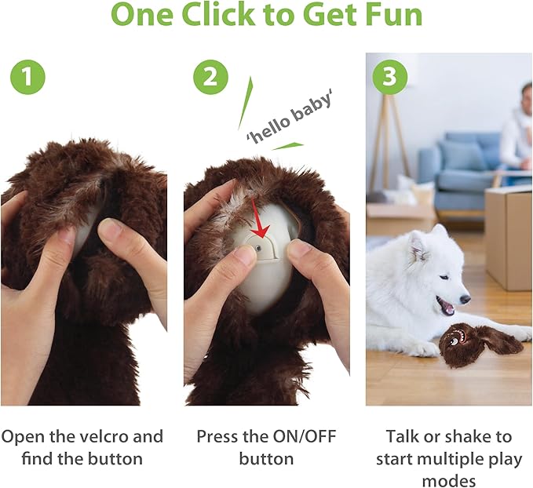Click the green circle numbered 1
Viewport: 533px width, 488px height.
point(27,77)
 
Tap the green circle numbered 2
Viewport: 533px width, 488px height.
point(210,77)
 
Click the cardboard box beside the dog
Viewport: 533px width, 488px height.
point(508,235)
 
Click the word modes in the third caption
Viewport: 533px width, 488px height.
point(448,479)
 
